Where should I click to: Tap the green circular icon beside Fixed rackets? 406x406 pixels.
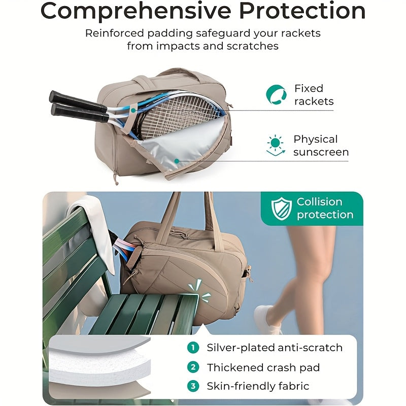[276, 94]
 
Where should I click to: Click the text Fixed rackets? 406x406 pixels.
[314, 95]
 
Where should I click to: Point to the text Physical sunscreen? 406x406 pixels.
[321, 146]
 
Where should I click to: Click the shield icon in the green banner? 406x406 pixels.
[281, 209]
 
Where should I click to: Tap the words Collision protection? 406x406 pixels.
[325, 208]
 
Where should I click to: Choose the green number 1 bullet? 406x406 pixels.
[192, 348]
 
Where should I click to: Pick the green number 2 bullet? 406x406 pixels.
[192, 367]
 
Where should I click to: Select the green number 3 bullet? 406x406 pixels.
[192, 386]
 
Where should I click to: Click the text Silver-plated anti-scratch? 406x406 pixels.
[275, 348]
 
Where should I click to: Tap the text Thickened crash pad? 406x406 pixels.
[263, 367]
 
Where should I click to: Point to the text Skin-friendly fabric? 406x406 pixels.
[258, 386]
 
